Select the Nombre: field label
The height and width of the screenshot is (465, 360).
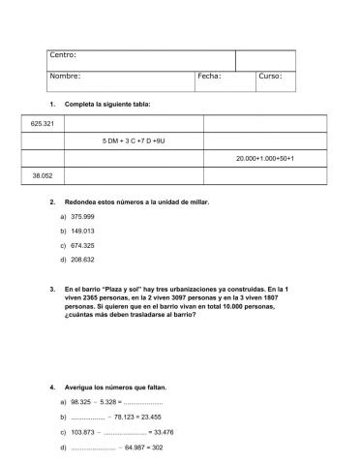[x=66, y=76]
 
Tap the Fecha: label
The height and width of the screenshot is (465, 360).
[x=210, y=76]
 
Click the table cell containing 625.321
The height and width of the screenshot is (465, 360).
[x=42, y=124]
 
